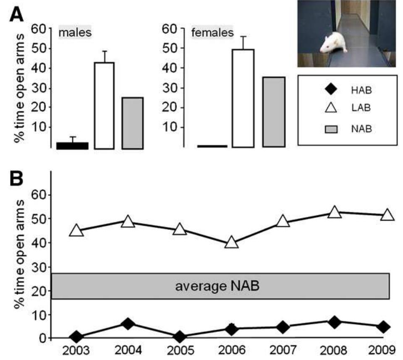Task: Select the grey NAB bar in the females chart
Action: pyautogui.click(x=274, y=112)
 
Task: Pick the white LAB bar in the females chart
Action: pyautogui.click(x=243, y=98)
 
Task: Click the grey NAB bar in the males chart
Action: pyautogui.click(x=133, y=123)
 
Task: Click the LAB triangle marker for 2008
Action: pyautogui.click(x=334, y=212)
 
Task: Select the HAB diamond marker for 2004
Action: pyautogui.click(x=128, y=323)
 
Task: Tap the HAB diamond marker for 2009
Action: pyautogui.click(x=383, y=327)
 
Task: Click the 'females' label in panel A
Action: pyautogui.click(x=212, y=32)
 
